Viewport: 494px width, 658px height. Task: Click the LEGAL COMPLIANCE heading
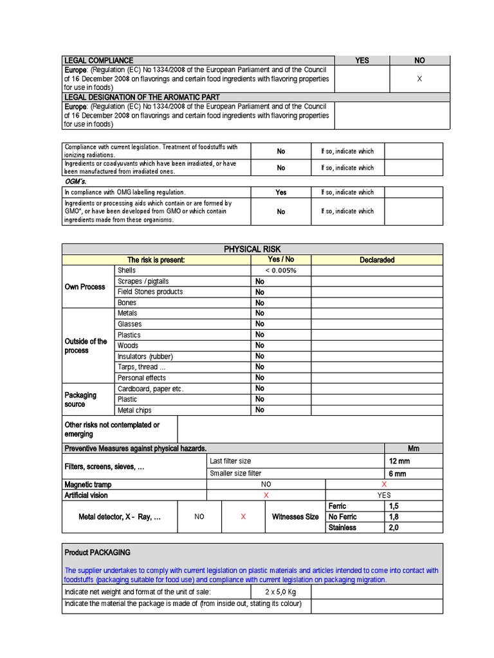98,60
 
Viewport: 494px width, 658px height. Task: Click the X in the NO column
419,78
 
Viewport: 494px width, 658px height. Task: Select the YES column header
362,60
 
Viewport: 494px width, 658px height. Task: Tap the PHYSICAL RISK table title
252,249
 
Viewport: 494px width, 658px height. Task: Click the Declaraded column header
376,260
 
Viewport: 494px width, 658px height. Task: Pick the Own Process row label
85,287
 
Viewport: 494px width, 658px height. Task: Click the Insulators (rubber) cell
145,356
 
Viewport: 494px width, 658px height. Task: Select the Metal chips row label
135,410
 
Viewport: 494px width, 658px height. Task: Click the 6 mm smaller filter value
397,474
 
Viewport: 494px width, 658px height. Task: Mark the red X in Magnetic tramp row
384,484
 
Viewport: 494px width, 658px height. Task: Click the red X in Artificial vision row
266,495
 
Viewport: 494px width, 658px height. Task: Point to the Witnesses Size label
295,517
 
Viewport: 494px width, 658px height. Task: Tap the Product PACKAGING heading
97,553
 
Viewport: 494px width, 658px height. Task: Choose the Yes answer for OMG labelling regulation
281,192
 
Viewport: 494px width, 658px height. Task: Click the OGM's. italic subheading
76,181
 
